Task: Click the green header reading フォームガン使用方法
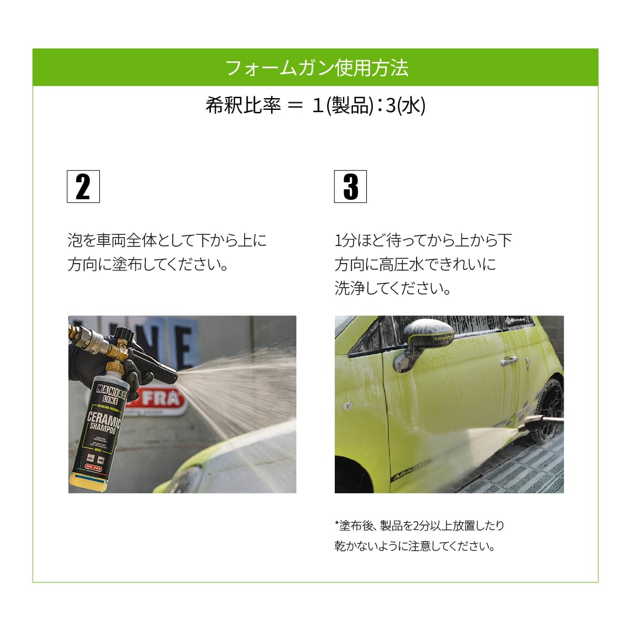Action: [315, 68]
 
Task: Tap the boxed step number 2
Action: [83, 187]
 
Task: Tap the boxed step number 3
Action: [350, 187]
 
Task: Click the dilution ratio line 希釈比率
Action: [315, 106]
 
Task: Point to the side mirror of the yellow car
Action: [426, 339]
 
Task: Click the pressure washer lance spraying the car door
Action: [540, 422]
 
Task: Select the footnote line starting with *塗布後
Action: [419, 525]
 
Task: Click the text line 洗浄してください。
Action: [393, 289]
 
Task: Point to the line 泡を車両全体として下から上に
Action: [167, 240]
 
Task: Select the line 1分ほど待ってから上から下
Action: [423, 240]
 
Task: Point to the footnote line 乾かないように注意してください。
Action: [415, 547]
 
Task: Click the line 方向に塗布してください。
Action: [148, 265]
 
